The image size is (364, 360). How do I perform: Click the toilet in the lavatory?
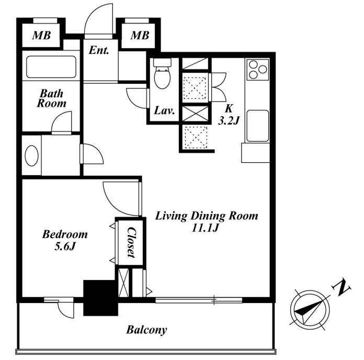(162, 73)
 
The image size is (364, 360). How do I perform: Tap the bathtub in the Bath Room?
(51, 67)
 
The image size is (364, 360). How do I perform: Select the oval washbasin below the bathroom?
(31, 155)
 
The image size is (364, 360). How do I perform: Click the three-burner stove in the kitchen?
(258, 69)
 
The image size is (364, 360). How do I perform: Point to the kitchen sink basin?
(258, 126)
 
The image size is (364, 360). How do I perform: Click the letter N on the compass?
(342, 288)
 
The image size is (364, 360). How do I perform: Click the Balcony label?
(146, 330)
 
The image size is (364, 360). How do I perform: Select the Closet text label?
(131, 242)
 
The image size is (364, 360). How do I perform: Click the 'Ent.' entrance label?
(99, 50)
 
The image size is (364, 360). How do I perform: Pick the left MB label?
(41, 35)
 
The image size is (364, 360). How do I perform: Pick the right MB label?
(140, 35)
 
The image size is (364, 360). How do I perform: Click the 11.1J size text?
(205, 228)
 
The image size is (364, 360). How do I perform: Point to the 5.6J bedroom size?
(65, 246)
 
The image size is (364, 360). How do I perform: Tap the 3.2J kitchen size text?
(229, 121)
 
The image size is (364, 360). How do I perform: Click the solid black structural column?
(100, 298)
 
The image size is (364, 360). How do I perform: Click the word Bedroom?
(65, 234)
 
